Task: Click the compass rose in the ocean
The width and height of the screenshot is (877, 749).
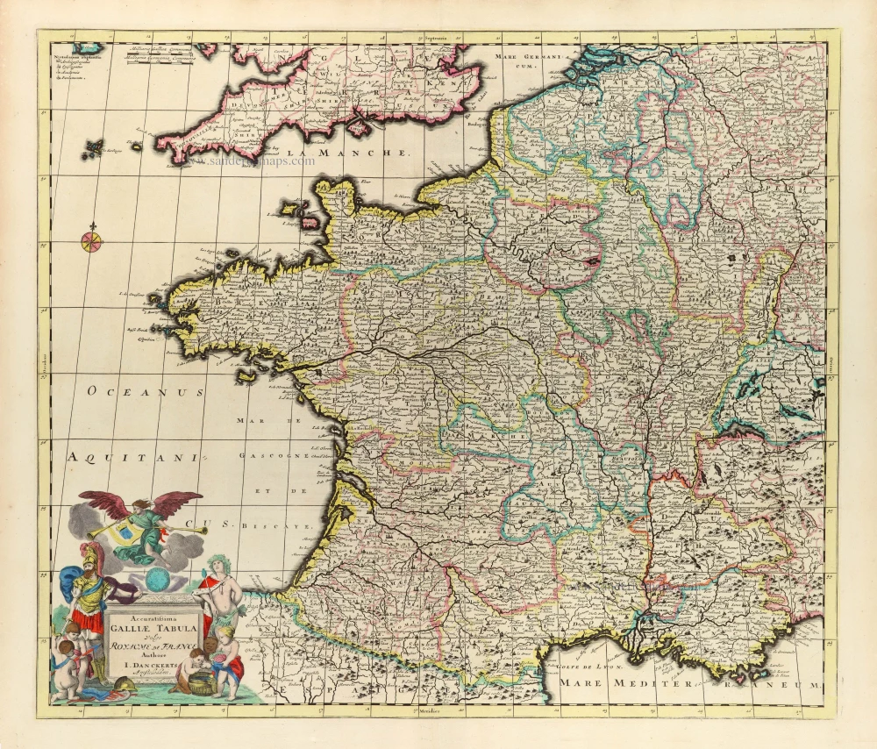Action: point(91,240)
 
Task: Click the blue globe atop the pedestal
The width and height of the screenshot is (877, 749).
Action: point(160,580)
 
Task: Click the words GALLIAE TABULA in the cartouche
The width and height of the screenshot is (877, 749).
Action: point(150,626)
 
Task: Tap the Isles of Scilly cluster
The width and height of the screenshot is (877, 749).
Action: point(92,148)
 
